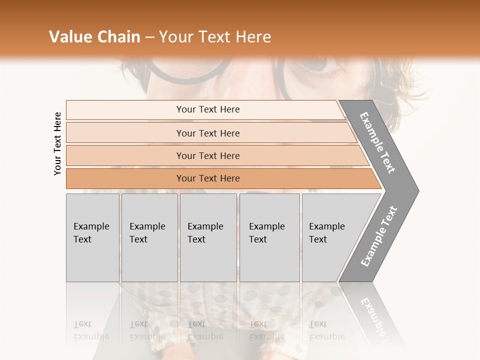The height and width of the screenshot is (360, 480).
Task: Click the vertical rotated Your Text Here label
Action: pos(57,144)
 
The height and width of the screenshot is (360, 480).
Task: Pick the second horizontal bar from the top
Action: pos(208,133)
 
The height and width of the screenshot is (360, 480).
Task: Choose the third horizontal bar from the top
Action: pos(208,155)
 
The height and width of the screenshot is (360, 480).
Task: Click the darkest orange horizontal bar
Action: pos(208,178)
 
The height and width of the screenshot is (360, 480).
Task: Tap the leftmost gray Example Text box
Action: pos(92,237)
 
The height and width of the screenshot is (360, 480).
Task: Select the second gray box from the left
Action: pos(149,237)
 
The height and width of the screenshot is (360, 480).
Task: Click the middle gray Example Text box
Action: pos(208,237)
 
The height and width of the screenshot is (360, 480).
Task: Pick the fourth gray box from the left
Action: pos(269,237)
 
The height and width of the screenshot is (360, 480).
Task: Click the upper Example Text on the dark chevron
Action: pos(378,142)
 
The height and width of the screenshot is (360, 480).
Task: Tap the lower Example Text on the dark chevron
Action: pos(379,236)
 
